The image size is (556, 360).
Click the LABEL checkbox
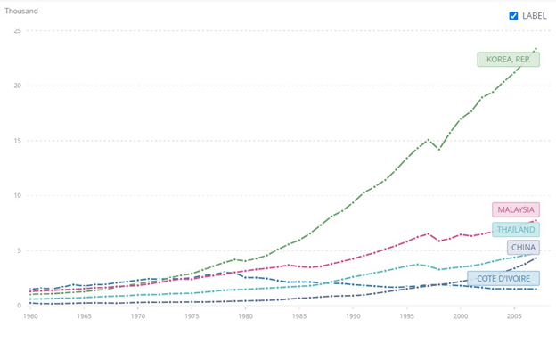513,16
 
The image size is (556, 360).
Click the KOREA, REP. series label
508,60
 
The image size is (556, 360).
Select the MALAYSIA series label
516,209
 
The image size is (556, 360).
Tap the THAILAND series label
516,229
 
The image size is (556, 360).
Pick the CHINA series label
523,247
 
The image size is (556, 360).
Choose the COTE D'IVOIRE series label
503,278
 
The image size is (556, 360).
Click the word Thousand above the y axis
21,12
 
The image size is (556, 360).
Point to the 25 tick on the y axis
17,31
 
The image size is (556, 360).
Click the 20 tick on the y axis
17,86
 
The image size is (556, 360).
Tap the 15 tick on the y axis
17,141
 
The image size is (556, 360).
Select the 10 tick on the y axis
17,196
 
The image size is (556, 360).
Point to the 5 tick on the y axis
19,250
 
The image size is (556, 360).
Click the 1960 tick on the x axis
30,316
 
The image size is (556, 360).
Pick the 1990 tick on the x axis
353,316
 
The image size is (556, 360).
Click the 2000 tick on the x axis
461,316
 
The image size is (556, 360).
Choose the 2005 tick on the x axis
514,316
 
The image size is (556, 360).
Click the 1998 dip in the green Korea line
438,149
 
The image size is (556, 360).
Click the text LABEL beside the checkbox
535,16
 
